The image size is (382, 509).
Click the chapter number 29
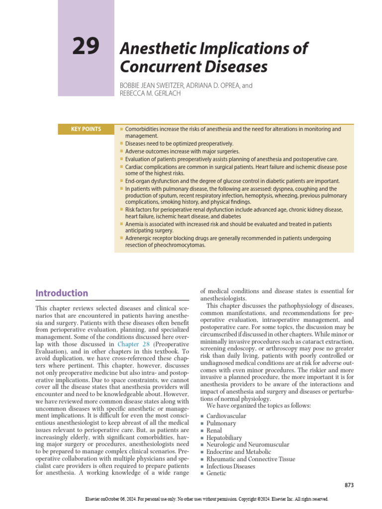click(86, 47)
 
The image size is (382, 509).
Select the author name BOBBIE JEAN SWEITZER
click(151, 85)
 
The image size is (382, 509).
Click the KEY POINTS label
click(87, 129)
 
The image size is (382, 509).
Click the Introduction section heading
click(62, 293)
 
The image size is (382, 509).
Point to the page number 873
click(349, 485)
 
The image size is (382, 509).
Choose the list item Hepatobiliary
click(225, 437)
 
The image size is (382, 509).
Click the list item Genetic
click(216, 473)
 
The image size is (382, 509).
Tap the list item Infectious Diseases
click(231, 466)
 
